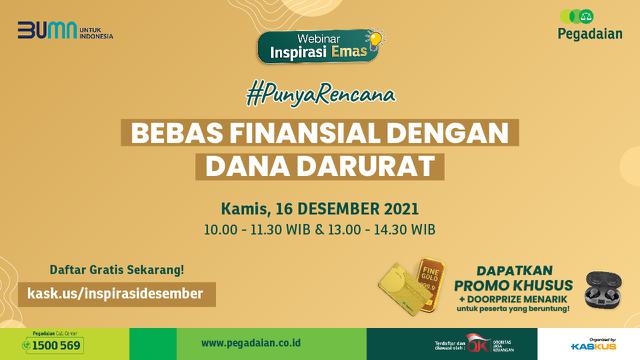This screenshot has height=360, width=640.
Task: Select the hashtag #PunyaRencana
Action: point(320,96)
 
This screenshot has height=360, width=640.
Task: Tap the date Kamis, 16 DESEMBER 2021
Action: point(320,210)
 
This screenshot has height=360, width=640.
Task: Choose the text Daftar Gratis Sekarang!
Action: point(116,271)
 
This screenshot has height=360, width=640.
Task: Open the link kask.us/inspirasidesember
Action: point(116,293)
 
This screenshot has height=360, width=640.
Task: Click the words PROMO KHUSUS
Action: point(514,285)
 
